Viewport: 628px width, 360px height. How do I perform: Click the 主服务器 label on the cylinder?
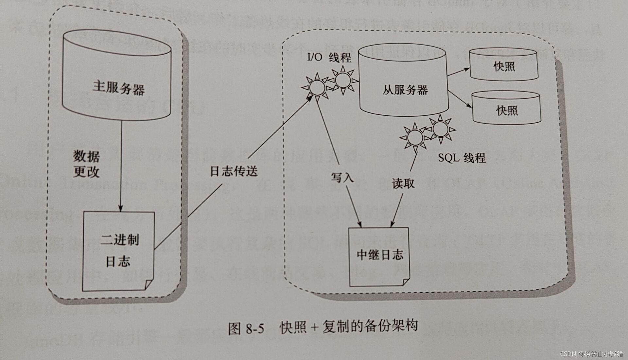[x=118, y=88]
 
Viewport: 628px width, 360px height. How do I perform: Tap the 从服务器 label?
[x=405, y=90]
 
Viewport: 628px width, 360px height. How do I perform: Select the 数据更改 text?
[x=86, y=164]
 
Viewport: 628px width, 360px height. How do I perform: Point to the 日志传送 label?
[x=234, y=171]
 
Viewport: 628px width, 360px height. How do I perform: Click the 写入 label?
[x=342, y=177]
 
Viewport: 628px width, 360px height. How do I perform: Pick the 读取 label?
[x=403, y=183]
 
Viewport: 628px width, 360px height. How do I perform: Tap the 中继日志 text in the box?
[x=380, y=255]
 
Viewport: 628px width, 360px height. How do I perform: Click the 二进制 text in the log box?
[x=119, y=240]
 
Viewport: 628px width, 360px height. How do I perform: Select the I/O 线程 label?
[x=329, y=58]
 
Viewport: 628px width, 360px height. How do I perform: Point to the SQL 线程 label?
[x=462, y=158]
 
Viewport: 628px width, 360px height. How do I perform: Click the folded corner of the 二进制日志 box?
[x=149, y=284]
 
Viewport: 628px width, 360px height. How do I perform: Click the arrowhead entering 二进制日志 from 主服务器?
[x=120, y=209]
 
